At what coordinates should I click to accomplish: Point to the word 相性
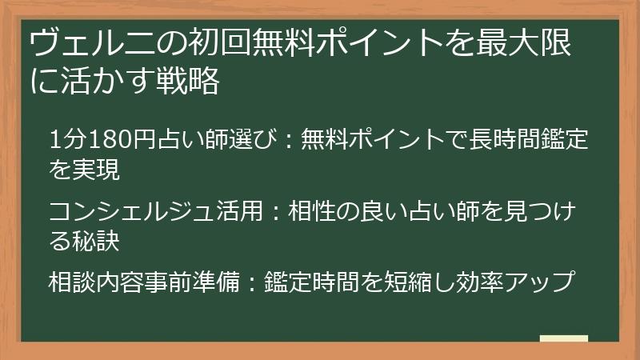click(x=316, y=212)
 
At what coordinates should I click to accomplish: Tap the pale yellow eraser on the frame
click(x=563, y=338)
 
